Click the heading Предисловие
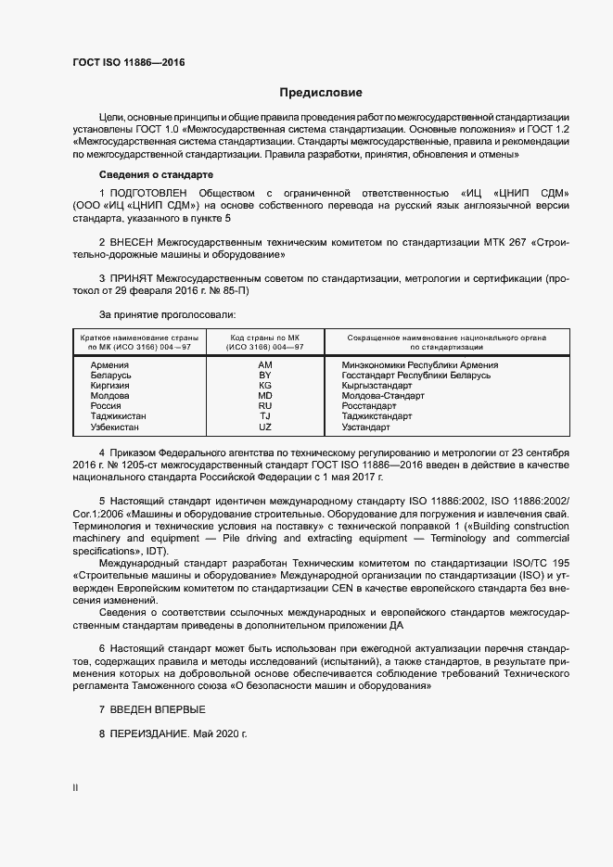[x=321, y=93]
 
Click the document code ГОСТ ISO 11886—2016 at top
[x=128, y=62]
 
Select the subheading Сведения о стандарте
[x=156, y=174]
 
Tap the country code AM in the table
[x=265, y=365]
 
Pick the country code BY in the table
[x=265, y=376]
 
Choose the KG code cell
[x=265, y=386]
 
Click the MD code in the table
[x=265, y=396]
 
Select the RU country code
[x=265, y=406]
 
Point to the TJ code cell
[x=265, y=416]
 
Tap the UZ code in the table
[x=265, y=427]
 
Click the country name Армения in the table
[x=109, y=365]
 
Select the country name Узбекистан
[x=115, y=427]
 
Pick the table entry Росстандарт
[x=368, y=406]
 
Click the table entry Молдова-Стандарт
[x=383, y=396]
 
